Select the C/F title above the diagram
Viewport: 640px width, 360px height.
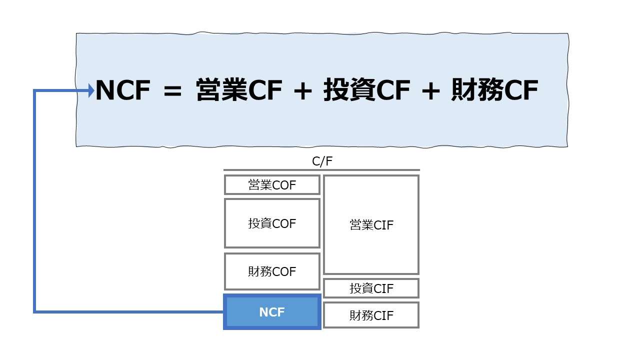(321, 161)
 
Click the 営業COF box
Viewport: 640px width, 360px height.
(272, 185)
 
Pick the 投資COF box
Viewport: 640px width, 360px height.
(272, 223)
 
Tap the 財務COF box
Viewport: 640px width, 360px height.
(272, 271)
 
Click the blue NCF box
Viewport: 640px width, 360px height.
(272, 312)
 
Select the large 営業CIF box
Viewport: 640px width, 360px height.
(371, 225)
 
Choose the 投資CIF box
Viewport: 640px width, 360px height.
(371, 288)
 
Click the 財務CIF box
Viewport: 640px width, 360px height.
(371, 315)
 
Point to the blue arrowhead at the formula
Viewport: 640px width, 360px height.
(91, 90)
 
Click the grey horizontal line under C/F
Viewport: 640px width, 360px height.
(321, 170)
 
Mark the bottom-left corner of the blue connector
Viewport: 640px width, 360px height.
(34, 312)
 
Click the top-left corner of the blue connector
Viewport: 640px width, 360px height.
(34, 90)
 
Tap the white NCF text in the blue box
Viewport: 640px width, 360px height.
(272, 312)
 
